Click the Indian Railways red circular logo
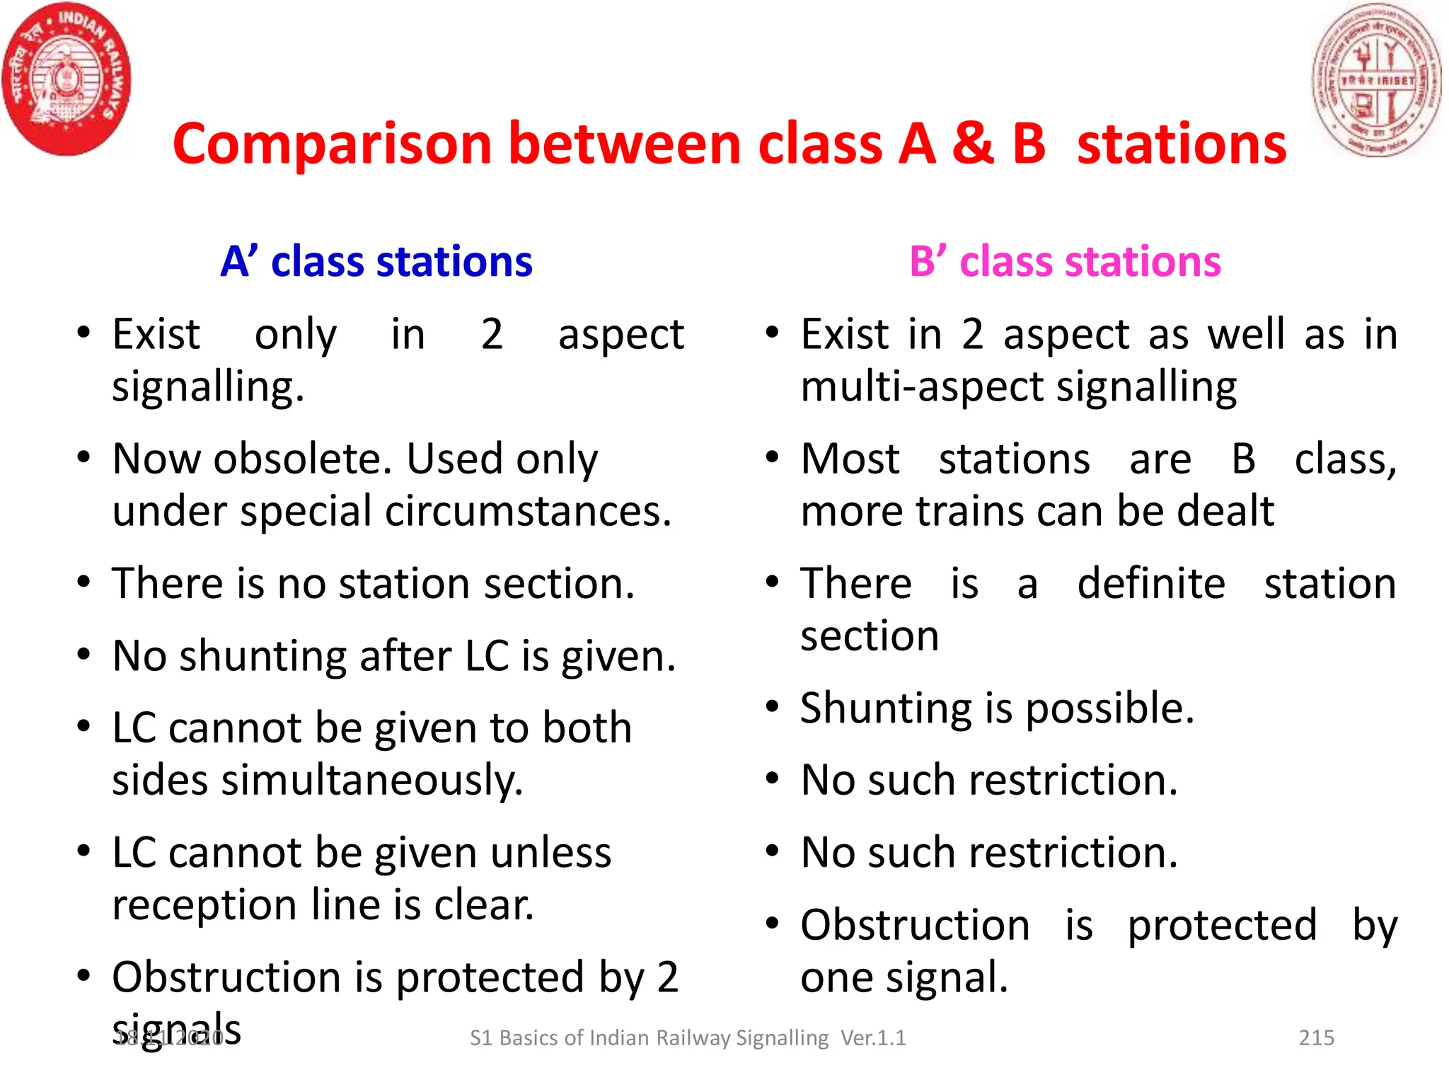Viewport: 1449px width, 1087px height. pos(67,79)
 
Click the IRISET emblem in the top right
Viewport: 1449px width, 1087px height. pos(1377,79)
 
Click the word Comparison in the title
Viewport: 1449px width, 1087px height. pos(331,144)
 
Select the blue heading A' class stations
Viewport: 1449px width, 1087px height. pos(376,261)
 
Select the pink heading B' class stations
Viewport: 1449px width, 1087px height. pos(1065,261)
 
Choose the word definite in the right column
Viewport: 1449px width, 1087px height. pos(1151,584)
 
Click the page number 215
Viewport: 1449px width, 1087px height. pos(1316,1037)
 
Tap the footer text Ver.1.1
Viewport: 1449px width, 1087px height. pos(873,1037)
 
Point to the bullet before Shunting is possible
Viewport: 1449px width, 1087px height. pos(772,706)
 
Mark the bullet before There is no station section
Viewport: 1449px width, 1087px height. pos(83,582)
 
